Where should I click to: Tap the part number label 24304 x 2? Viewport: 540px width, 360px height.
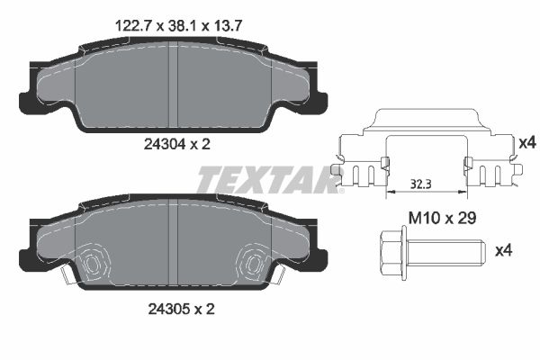pos(167,142)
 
